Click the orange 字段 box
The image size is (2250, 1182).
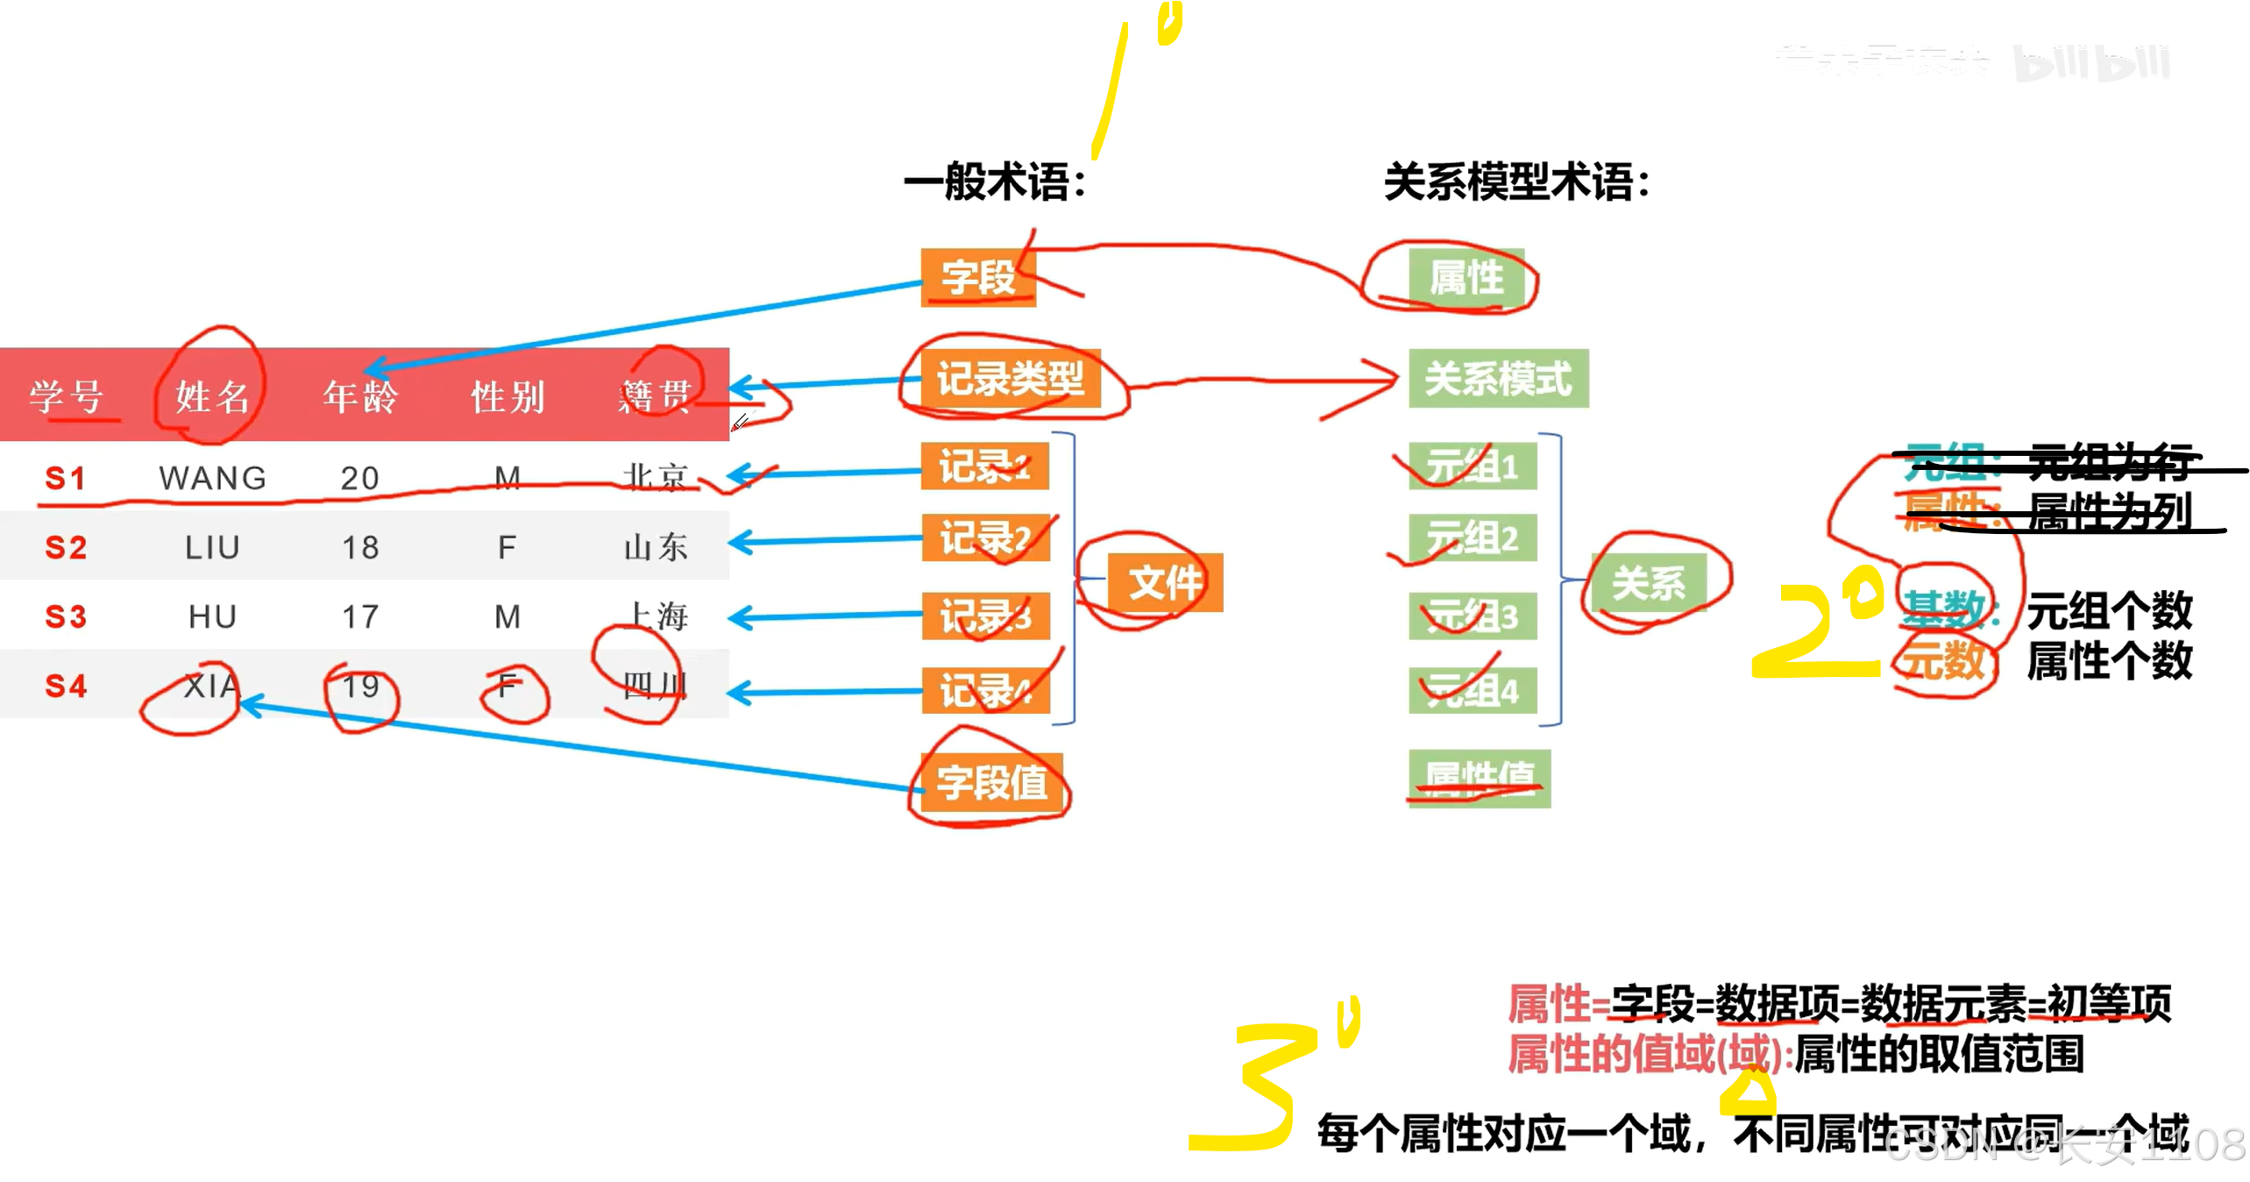click(x=978, y=278)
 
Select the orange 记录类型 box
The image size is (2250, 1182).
click(x=1010, y=379)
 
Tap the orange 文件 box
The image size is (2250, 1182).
click(x=1165, y=582)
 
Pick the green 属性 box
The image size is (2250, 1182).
click(x=1466, y=278)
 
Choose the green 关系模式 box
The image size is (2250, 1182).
click(x=1498, y=379)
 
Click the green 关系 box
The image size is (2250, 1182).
click(x=1649, y=582)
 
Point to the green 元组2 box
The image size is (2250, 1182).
click(x=1472, y=538)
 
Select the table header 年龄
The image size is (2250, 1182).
click(x=360, y=396)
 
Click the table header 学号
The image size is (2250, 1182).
click(x=67, y=396)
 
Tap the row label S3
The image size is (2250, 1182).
click(x=67, y=616)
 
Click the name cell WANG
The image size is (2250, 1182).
click(x=212, y=478)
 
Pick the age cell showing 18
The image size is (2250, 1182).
click(x=360, y=547)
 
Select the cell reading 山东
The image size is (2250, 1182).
click(x=656, y=547)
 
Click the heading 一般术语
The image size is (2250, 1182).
click(x=994, y=182)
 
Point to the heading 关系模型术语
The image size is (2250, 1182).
click(x=1515, y=182)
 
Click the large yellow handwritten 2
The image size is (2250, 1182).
click(x=1814, y=631)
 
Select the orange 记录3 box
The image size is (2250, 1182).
click(x=985, y=616)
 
